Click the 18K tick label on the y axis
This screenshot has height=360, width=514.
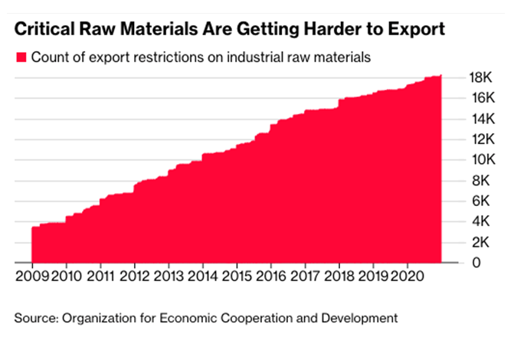click(480, 77)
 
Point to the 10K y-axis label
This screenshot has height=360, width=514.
click(480, 160)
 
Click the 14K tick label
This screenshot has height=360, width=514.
click(480, 119)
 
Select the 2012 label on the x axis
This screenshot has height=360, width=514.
click(135, 275)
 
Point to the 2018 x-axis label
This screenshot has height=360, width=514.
click(339, 275)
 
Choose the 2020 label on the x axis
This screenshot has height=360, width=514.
click(406, 275)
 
